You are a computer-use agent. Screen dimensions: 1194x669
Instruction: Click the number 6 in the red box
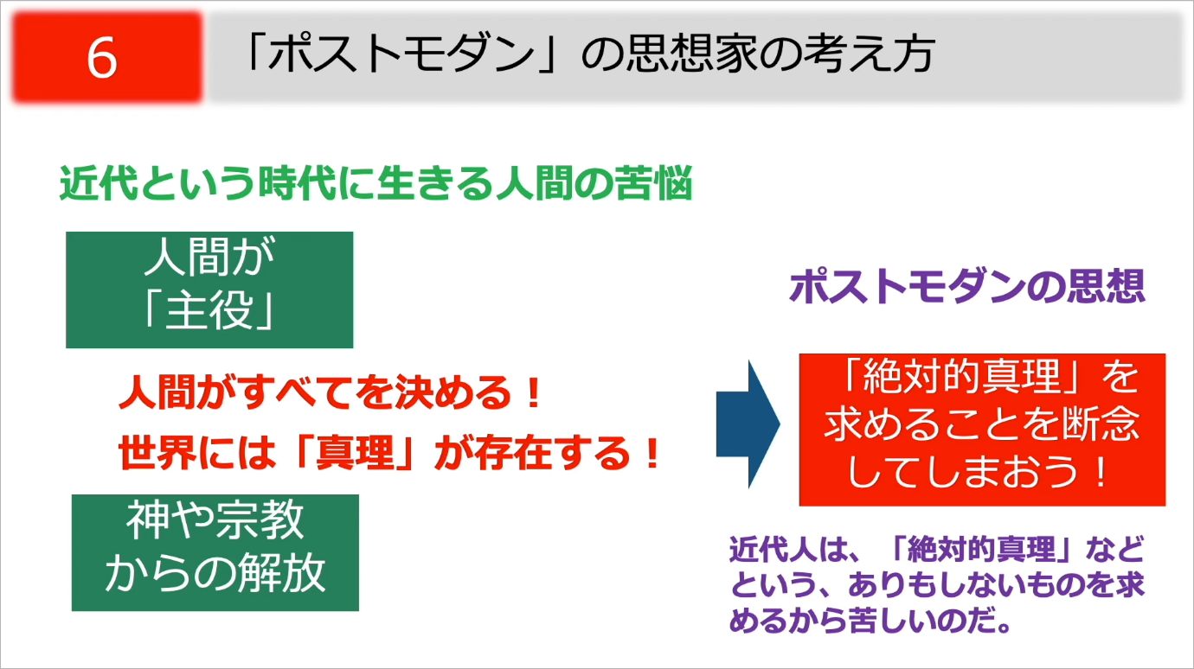(102, 58)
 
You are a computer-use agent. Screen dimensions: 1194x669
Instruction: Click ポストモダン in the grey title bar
(401, 54)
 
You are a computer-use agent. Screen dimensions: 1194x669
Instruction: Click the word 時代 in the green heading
(298, 183)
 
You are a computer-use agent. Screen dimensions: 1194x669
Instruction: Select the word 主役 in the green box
(209, 311)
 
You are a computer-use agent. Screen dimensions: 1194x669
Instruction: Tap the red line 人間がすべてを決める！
(330, 392)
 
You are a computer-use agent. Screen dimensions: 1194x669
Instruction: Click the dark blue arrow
(748, 424)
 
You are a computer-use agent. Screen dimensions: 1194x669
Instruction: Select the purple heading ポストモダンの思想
(967, 287)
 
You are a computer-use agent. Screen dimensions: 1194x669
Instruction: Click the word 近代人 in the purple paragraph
(773, 549)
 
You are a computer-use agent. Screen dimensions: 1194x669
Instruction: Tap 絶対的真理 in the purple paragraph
(981, 549)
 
